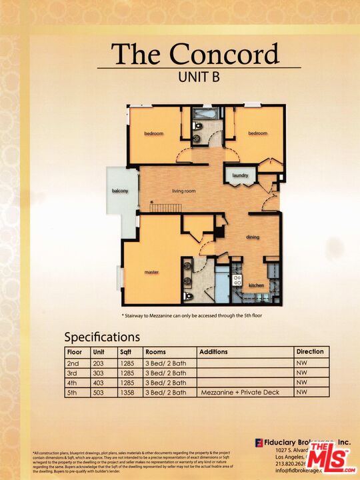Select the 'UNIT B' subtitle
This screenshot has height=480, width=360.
(199, 76)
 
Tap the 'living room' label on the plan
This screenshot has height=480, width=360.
(184, 191)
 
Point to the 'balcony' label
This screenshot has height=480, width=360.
(120, 191)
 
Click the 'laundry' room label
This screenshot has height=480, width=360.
(239, 175)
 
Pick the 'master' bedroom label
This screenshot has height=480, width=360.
(152, 272)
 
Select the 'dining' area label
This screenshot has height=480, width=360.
(253, 237)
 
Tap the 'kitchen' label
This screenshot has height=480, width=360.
(257, 285)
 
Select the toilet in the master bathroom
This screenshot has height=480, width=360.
(188, 295)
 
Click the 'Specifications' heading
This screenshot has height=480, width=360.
(102, 337)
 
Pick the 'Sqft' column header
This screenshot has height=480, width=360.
(125, 351)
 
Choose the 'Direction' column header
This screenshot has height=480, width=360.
(310, 351)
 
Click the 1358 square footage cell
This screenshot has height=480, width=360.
(127, 393)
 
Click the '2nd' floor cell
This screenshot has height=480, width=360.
(73, 362)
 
